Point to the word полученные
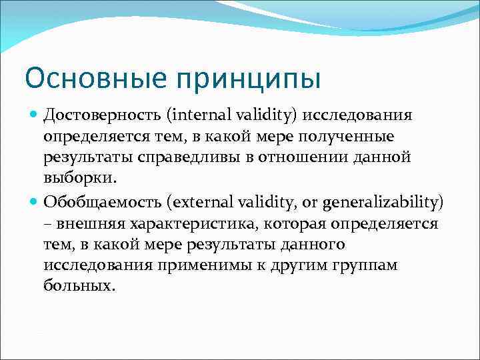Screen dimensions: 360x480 tap(350, 137)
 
